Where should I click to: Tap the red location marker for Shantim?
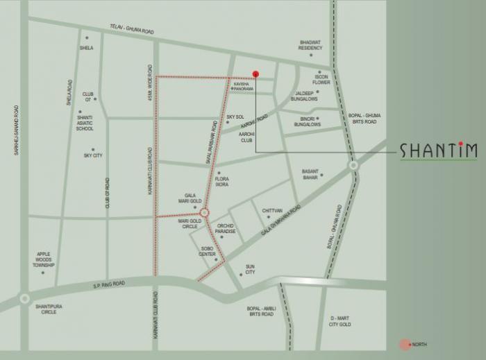point(255,74)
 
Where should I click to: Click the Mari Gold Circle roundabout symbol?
point(205,213)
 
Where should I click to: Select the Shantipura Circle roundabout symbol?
point(25,298)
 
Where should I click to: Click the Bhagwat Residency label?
point(310,44)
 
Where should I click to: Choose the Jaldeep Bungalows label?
point(306,96)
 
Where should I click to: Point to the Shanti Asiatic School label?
point(85,123)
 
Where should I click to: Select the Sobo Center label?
point(208,251)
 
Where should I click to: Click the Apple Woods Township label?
point(44,259)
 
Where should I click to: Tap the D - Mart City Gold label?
point(340,321)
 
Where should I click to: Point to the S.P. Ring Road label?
point(110,284)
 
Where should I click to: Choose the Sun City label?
point(250,269)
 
